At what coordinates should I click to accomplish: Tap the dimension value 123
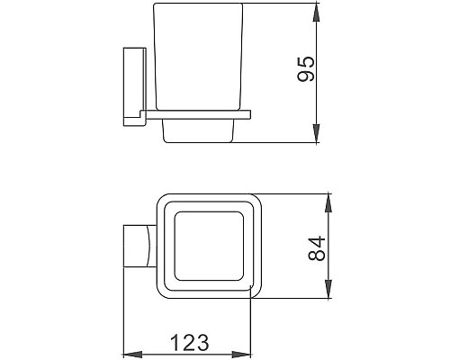[191, 344]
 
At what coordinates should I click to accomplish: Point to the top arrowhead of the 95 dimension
[318, 13]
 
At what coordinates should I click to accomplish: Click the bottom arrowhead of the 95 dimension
[318, 138]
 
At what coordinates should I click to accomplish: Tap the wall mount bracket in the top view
[138, 246]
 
